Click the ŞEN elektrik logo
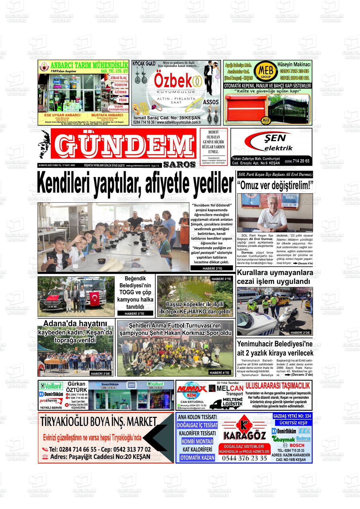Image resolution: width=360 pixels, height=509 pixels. pos(271,142)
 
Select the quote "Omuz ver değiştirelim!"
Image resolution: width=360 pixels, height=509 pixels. pos(275,185)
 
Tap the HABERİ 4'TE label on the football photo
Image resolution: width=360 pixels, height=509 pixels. pos(219,373)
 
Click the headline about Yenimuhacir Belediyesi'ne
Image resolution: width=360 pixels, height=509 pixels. pos(275,348)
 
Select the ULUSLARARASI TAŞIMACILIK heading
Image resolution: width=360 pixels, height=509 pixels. pos(278,386)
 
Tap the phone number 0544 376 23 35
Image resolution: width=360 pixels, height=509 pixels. pos(244,458)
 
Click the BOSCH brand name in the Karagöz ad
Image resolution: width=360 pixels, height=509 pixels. pos(296,445)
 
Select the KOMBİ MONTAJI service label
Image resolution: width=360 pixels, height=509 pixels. pos(197,441)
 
